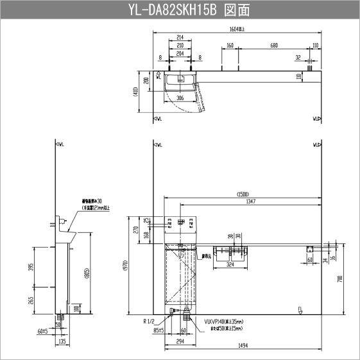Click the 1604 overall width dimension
[x=238, y=29]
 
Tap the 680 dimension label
[x=275, y=46]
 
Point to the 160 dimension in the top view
[x=230, y=46]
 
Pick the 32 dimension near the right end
[x=298, y=57]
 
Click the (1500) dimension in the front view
[x=243, y=194]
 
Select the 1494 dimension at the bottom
[x=243, y=345]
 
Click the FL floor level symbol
[x=300, y=310]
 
